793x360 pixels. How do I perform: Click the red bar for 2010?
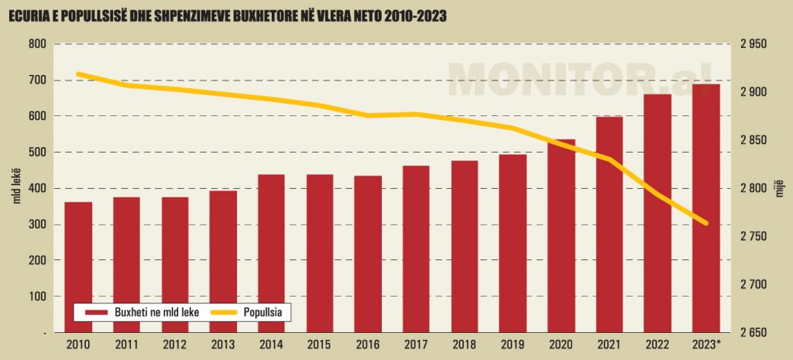tap(78, 267)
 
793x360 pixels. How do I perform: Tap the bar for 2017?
tap(416, 249)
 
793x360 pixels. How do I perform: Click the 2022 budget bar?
tap(657, 213)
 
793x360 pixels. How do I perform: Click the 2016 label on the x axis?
tap(368, 345)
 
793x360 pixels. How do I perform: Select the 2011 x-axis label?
tap(126, 345)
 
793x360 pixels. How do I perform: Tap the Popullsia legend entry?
tap(252, 312)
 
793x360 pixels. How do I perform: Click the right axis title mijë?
tap(781, 188)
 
